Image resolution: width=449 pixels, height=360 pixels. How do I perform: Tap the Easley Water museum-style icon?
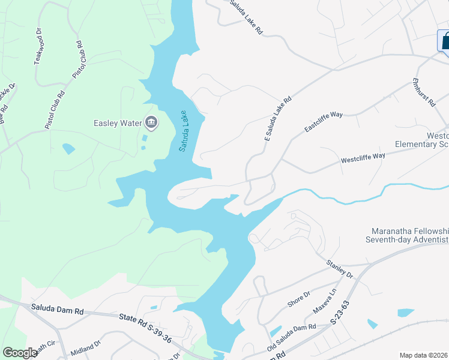151,124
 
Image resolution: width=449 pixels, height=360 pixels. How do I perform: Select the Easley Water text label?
118,124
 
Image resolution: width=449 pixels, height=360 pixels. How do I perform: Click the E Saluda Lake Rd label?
278,119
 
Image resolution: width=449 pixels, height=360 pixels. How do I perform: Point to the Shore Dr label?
298,299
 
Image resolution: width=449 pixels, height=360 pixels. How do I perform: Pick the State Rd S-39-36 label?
145,328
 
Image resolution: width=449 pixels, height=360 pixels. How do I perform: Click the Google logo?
19,353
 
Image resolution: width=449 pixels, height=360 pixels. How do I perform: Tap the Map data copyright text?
423,355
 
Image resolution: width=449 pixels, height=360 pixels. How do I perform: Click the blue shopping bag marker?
444,41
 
